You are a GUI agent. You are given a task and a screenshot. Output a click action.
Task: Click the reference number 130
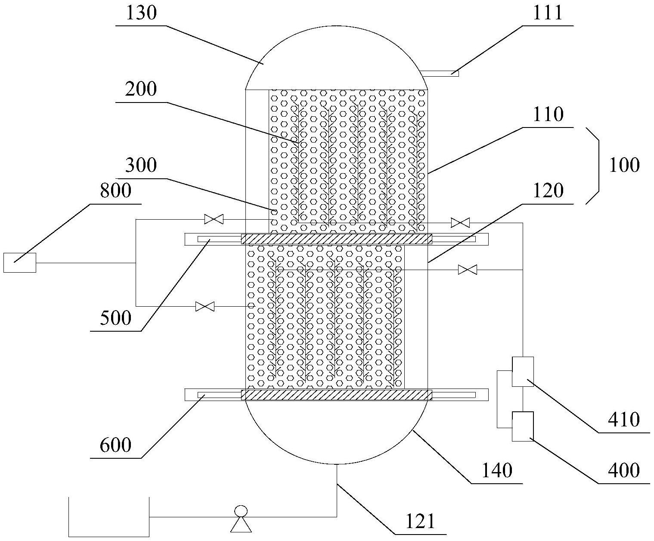(141, 14)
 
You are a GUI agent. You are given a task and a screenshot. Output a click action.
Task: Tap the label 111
(548, 14)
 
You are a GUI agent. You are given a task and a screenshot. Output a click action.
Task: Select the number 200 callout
(141, 89)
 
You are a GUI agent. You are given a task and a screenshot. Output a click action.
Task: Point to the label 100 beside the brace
(624, 165)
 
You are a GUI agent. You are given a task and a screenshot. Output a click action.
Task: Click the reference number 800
(115, 191)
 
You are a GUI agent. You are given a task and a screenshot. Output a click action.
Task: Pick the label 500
(115, 318)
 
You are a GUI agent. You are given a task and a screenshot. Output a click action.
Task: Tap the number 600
(115, 445)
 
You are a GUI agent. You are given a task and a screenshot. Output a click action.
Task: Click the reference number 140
(497, 470)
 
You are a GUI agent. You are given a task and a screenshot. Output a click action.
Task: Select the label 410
(624, 420)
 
